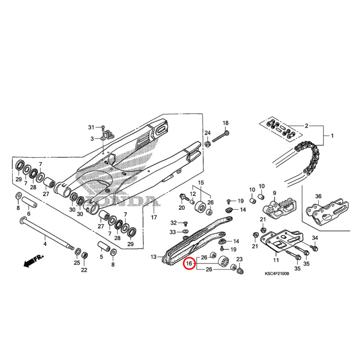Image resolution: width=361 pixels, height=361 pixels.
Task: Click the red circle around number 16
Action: pyautogui.click(x=189, y=264)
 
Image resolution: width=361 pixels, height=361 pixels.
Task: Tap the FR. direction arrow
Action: pyautogui.click(x=33, y=261)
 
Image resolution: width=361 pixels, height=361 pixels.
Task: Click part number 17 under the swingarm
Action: pyautogui.click(x=154, y=217)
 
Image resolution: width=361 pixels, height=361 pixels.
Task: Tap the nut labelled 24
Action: pyautogui.click(x=208, y=144)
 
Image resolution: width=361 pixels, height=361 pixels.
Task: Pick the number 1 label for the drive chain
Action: pyautogui.click(x=332, y=136)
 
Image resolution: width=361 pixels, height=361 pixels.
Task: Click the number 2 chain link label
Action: pyautogui.click(x=306, y=126)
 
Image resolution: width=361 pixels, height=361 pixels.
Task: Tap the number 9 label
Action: pyautogui.click(x=274, y=193)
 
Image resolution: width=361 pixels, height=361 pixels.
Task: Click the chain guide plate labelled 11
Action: pyautogui.click(x=282, y=242)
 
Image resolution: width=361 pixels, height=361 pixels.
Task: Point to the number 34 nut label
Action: pyautogui.click(x=315, y=238)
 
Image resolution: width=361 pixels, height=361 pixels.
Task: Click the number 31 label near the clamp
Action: pyautogui.click(x=91, y=127)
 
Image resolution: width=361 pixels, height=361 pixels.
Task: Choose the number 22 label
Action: pyautogui.click(x=84, y=270)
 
